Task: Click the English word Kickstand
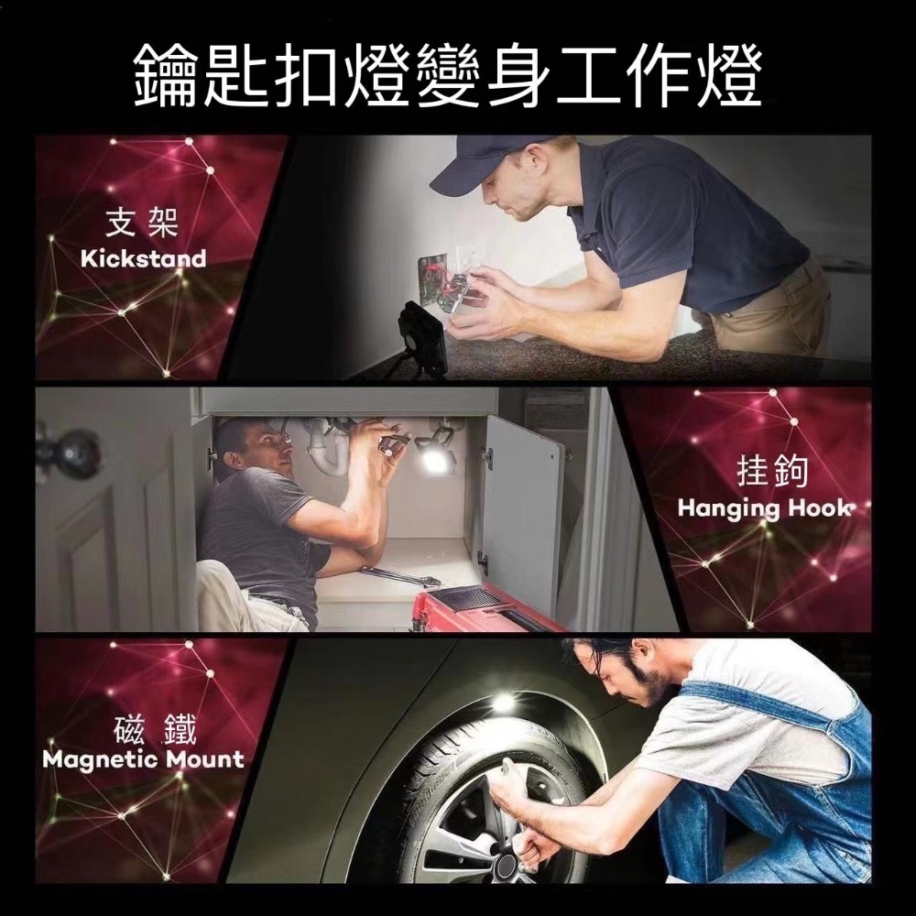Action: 143,259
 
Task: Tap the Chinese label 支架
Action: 143,221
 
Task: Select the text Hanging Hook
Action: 765,508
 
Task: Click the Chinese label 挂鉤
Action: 772,471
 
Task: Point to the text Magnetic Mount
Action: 143,759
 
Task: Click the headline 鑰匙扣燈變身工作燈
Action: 448,76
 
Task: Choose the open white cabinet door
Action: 522,513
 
